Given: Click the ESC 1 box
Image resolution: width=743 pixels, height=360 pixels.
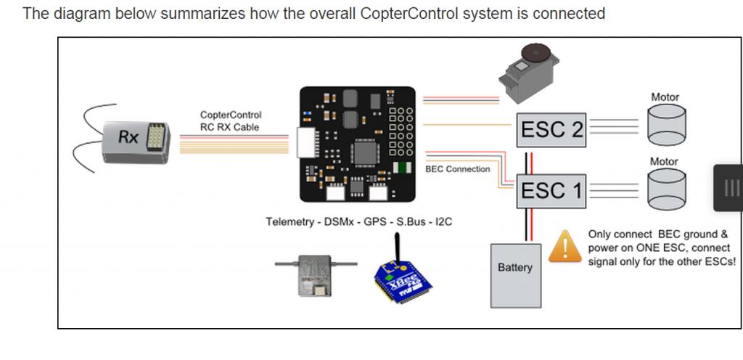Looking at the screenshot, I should click(552, 190).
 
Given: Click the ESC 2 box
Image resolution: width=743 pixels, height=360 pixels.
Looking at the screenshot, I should click(552, 130).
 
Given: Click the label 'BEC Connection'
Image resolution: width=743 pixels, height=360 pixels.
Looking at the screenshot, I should click(457, 169).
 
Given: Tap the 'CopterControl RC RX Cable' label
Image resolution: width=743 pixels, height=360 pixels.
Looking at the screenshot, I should click(230, 121).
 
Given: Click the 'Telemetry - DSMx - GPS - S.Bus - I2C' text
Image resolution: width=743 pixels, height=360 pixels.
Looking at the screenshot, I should click(358, 221).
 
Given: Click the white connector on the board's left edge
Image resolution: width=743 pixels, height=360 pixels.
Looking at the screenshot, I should click(304, 144).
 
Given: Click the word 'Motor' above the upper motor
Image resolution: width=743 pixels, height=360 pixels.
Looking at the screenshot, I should click(665, 97).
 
